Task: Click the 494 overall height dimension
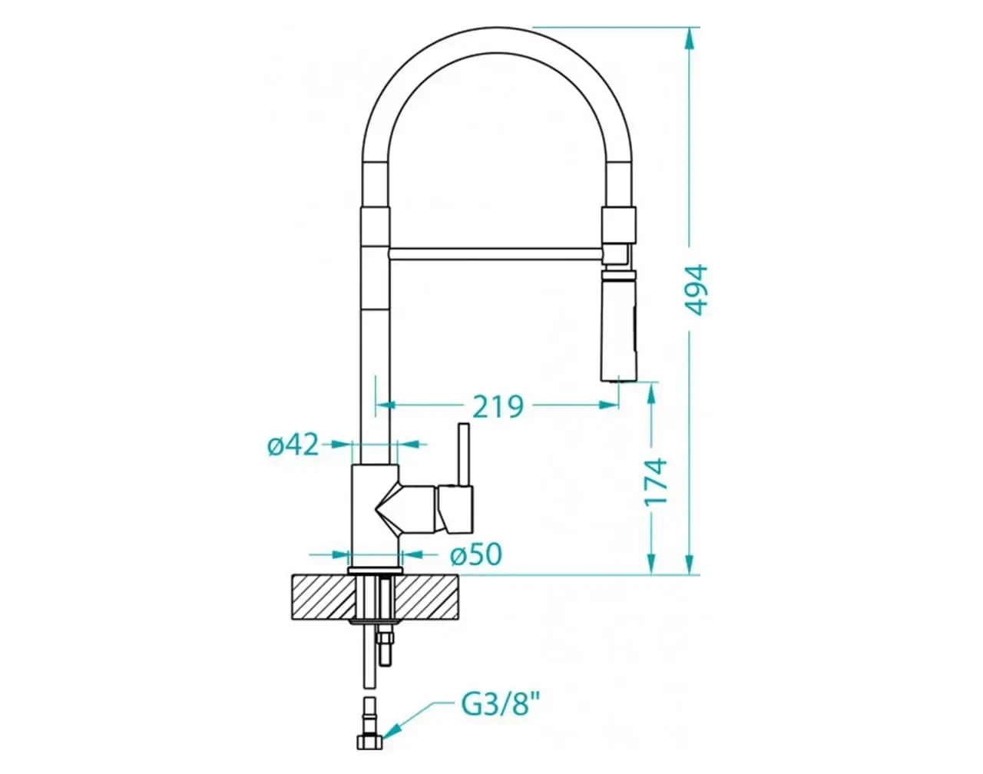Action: tap(697, 289)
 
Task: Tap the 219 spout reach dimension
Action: tap(498, 407)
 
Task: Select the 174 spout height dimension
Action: tap(656, 481)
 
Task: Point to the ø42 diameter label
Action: tap(293, 444)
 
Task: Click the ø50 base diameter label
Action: tap(475, 554)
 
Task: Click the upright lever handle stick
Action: tap(464, 454)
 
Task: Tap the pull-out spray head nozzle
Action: tap(617, 326)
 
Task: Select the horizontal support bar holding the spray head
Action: tap(496, 254)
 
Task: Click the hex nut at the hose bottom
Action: tap(369, 743)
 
